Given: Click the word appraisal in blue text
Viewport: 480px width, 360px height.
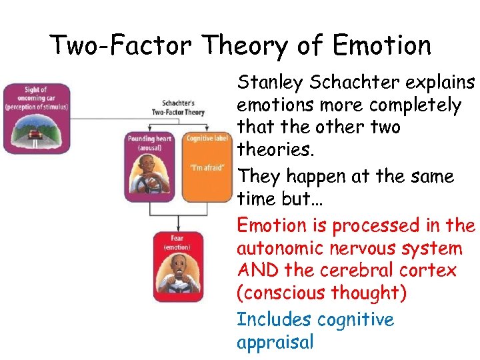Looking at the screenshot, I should coord(275,342).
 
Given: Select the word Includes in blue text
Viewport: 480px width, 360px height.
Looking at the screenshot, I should coord(274,319).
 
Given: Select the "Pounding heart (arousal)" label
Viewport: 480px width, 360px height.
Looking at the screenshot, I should coord(150,143).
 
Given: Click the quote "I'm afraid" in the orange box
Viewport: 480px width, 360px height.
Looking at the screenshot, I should coord(206,167).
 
